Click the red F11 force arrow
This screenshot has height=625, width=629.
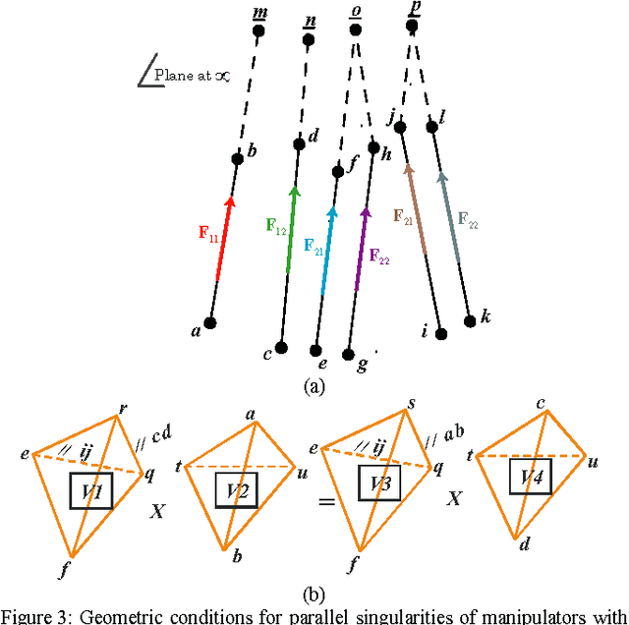point(224,239)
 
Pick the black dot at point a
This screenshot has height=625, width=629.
point(209,322)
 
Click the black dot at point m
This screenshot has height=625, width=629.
point(259,30)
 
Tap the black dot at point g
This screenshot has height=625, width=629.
point(348,352)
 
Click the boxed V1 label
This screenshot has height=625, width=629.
point(90,489)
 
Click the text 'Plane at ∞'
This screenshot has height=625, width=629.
point(190,75)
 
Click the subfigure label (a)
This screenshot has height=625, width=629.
point(314,386)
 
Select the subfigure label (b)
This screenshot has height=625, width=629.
point(314,594)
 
